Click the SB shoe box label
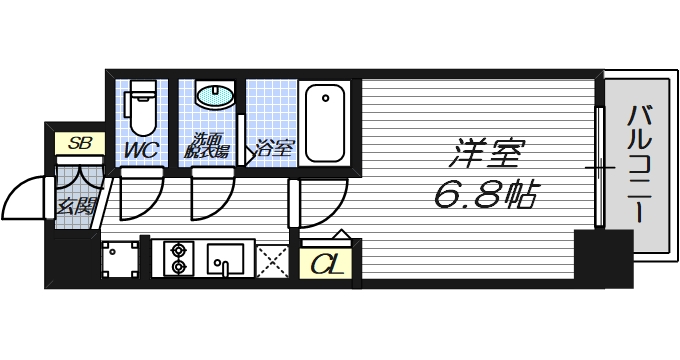click(x=79, y=143)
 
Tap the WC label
click(x=140, y=150)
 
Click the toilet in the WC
click(x=142, y=108)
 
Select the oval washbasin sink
click(x=212, y=97)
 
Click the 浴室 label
click(x=273, y=150)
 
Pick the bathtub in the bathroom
click(x=324, y=123)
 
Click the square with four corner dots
click(x=119, y=259)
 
